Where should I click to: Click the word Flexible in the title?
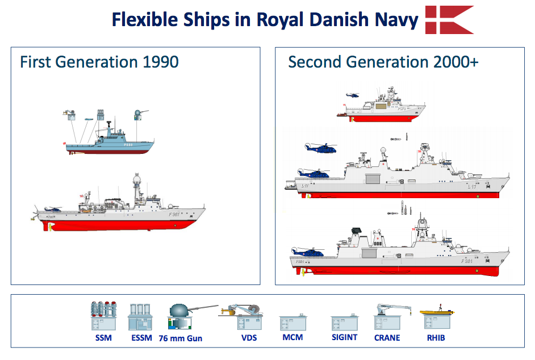(x=143, y=20)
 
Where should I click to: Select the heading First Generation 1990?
(x=99, y=62)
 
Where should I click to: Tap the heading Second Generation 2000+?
(x=383, y=62)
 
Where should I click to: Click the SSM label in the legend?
(x=103, y=338)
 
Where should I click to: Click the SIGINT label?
(x=344, y=337)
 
